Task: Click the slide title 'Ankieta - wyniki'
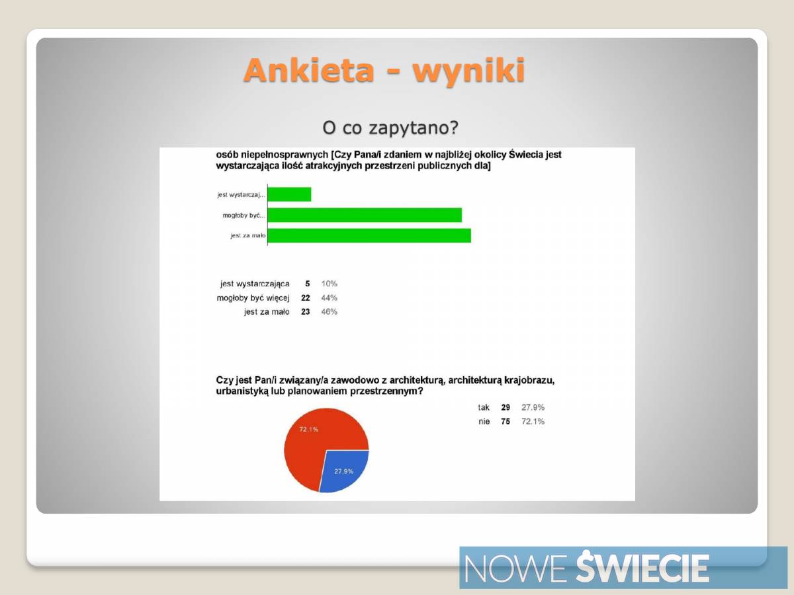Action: pyautogui.click(x=384, y=71)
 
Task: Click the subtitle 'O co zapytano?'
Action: pyautogui.click(x=390, y=128)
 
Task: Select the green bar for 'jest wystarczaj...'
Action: pyautogui.click(x=289, y=194)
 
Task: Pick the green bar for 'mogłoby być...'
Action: pyautogui.click(x=365, y=215)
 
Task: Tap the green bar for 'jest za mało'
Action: pyautogui.click(x=369, y=235)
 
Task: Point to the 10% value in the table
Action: pyautogui.click(x=329, y=284)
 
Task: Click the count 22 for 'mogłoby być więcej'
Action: pyautogui.click(x=305, y=297)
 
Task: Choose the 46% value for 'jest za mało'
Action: pyautogui.click(x=329, y=311)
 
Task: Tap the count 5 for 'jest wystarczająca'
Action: pyautogui.click(x=308, y=284)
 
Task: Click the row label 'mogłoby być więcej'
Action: pyautogui.click(x=253, y=298)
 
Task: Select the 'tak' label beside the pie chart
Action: pyautogui.click(x=484, y=407)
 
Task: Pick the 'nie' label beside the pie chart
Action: pyautogui.click(x=484, y=421)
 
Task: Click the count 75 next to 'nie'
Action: pyautogui.click(x=506, y=421)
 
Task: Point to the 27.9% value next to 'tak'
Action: pyautogui.click(x=533, y=407)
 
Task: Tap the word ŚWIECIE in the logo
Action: pyautogui.click(x=642, y=567)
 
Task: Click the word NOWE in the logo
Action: pyautogui.click(x=514, y=569)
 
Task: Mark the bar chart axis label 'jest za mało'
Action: pyautogui.click(x=248, y=235)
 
